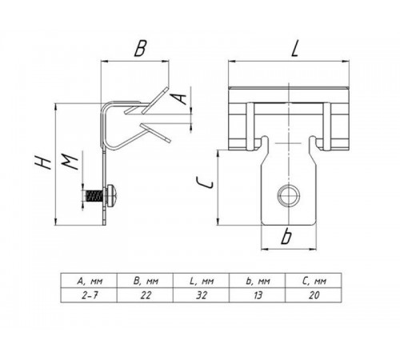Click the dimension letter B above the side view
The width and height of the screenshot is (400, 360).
pyautogui.click(x=140, y=48)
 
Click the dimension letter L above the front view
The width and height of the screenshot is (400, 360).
pyautogui.click(x=294, y=48)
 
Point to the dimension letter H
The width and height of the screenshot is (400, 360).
pyautogui.click(x=43, y=162)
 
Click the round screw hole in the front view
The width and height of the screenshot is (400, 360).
pyautogui.click(x=289, y=196)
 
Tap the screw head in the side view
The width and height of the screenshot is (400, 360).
pyautogui.click(x=112, y=196)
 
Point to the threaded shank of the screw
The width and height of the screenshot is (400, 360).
pyautogui.click(x=94, y=196)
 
